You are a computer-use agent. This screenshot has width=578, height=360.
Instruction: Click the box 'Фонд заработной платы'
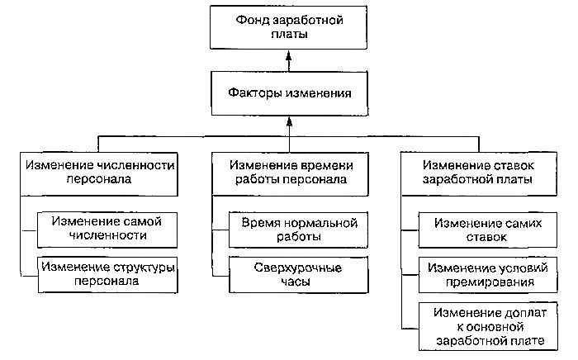coord(289,26)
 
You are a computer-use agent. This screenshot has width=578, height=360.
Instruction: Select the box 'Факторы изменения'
coord(289,92)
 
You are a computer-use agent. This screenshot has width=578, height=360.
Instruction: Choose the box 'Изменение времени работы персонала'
coord(289,173)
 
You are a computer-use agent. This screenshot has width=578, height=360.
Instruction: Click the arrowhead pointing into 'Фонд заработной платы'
coord(289,55)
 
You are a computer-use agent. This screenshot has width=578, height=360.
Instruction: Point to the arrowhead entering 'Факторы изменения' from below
coord(289,120)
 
